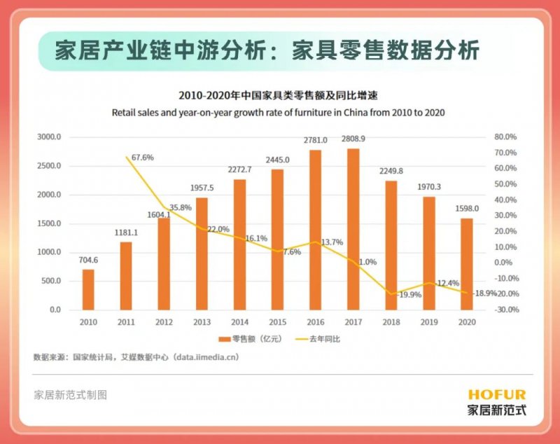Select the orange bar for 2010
pos(88,289)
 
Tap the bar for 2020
pos(467,264)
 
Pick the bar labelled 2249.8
pos(391,245)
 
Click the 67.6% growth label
pos(142,158)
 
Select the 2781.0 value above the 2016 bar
pos(315,141)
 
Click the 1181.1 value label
pos(125,233)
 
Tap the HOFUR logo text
pos(497,395)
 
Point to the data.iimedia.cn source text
pos(218,356)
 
